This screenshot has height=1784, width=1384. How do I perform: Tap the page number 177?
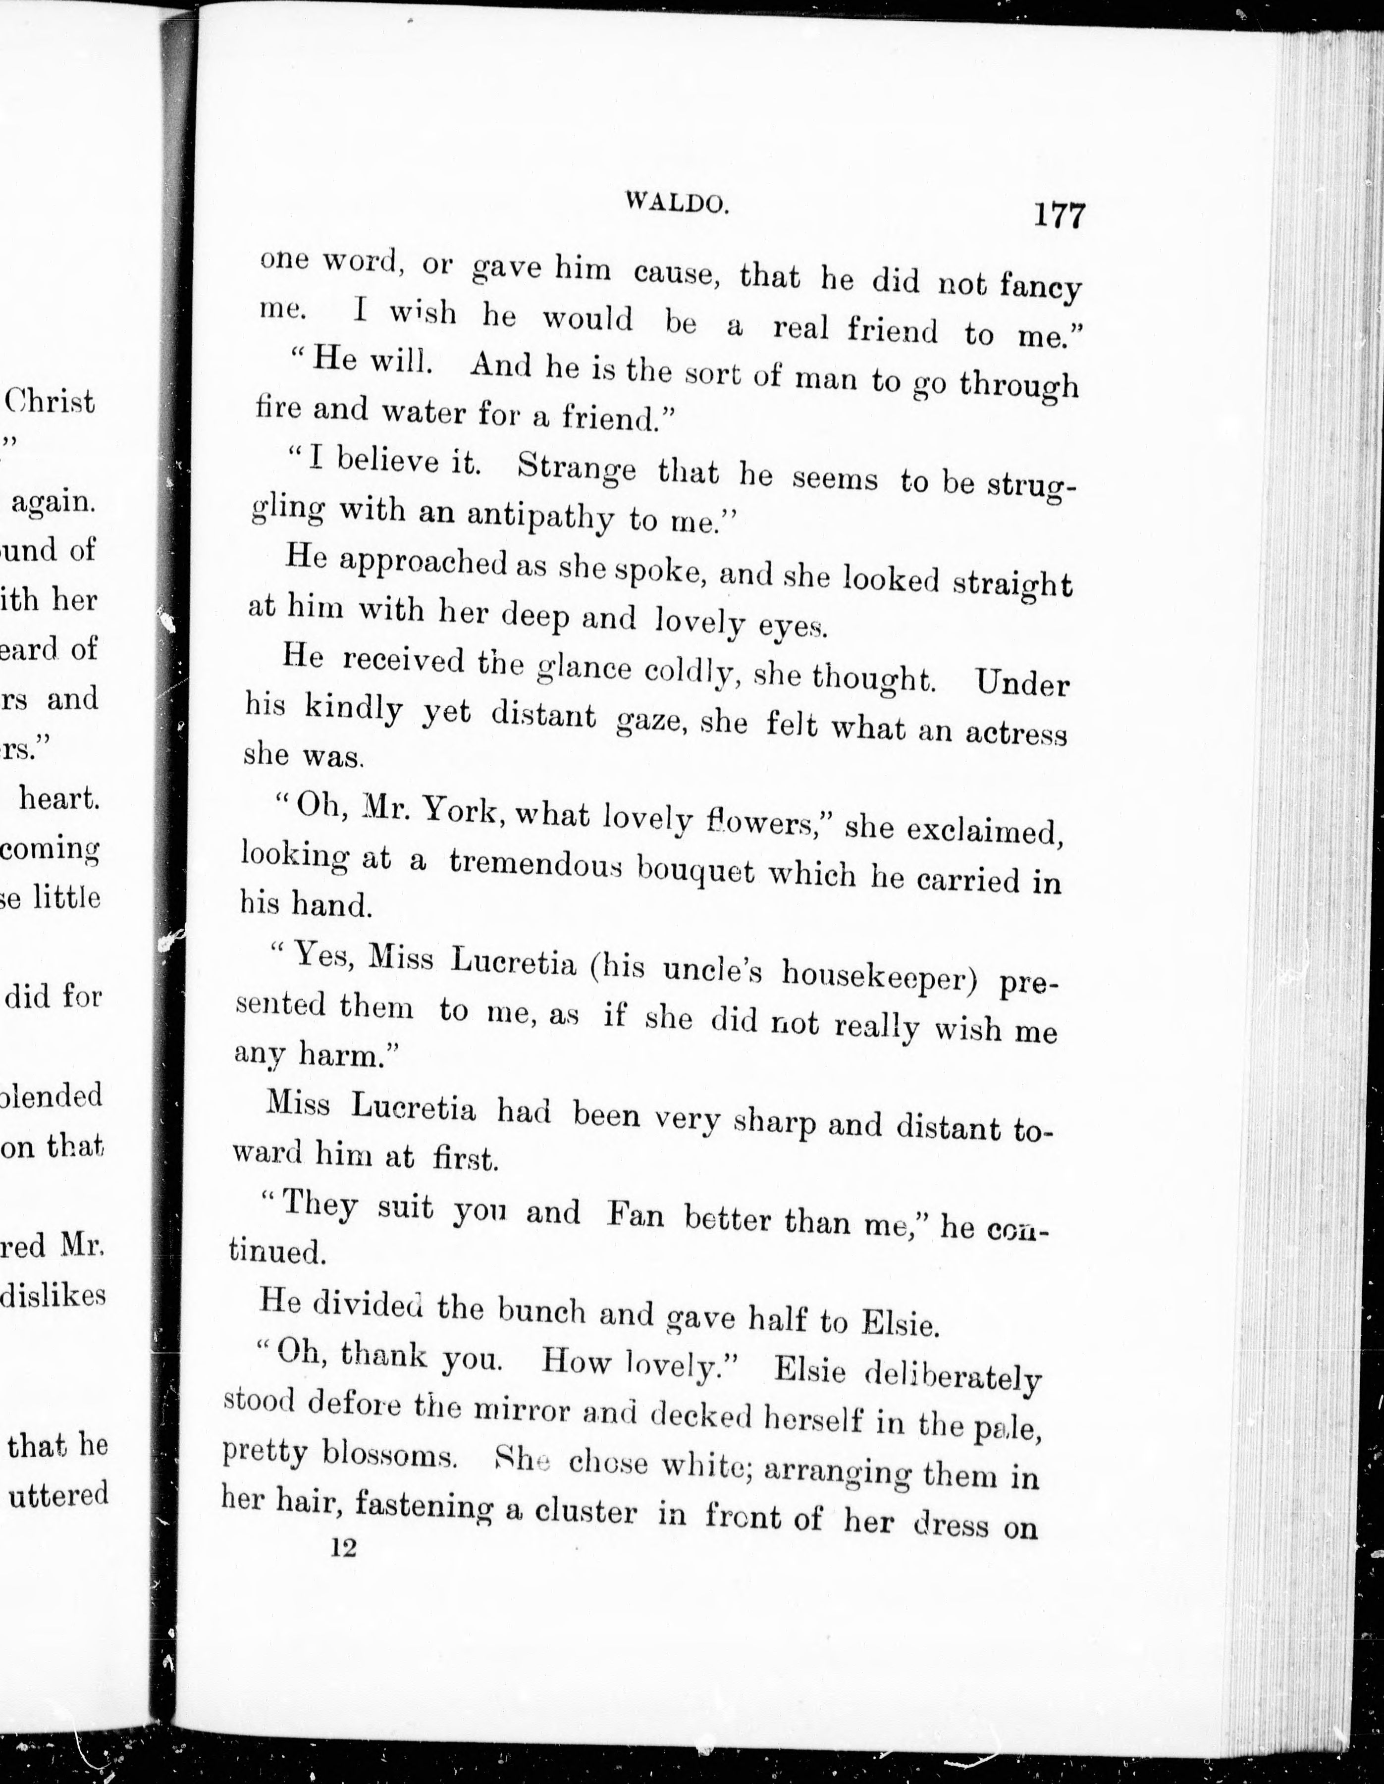[x=1060, y=215]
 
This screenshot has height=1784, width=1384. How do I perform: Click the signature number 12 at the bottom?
[x=344, y=1570]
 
